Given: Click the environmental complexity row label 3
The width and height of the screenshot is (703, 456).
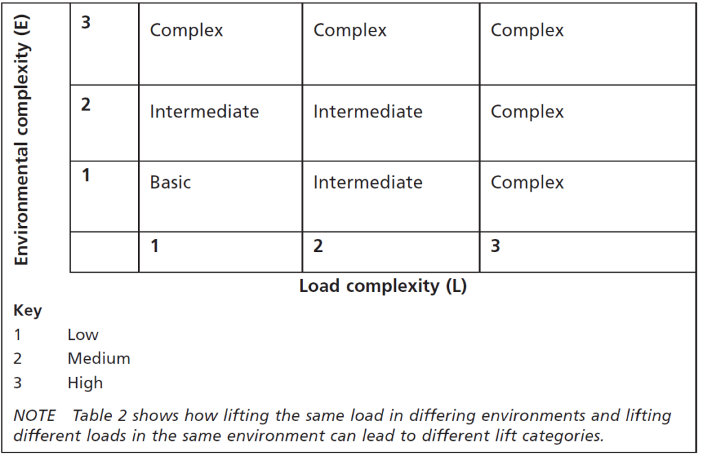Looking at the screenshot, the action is tap(86, 22).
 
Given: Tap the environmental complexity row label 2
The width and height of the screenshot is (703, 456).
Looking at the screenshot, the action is tap(86, 104).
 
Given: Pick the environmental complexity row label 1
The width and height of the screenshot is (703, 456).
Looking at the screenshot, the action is tap(86, 175).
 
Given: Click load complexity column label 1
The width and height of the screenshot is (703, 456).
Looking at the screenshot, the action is tap(154, 246).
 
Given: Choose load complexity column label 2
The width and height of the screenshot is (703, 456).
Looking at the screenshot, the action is tap(318, 246).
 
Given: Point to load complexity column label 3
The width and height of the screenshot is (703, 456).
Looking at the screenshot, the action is tap(496, 246).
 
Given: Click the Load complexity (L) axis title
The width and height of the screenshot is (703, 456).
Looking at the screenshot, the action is tap(383, 286).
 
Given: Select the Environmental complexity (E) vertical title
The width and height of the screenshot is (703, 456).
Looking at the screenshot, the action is tap(21, 140).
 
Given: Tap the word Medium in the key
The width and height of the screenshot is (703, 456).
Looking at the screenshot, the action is tap(99, 358).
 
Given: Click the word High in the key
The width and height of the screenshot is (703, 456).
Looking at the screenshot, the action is tap(85, 383).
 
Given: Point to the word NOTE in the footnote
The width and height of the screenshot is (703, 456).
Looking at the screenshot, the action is tap(34, 415).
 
